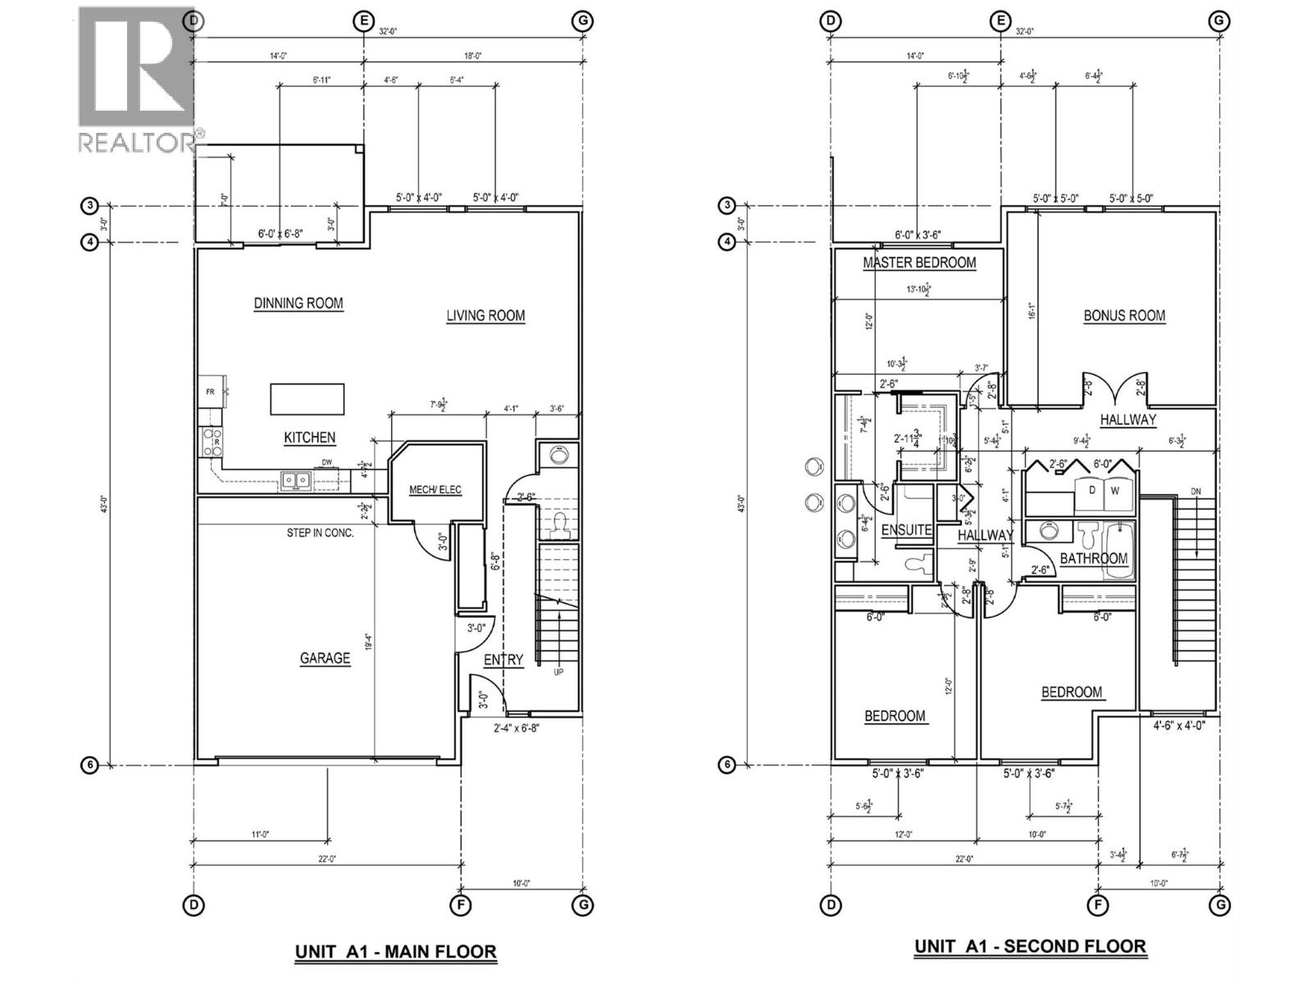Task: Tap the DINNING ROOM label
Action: point(298,303)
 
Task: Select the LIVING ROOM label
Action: point(485,316)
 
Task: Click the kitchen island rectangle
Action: point(307,399)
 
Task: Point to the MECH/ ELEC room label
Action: point(435,490)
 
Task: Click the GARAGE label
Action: point(325,658)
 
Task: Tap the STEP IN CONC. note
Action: point(320,533)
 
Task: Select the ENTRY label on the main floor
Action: point(503,660)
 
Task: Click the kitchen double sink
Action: point(295,480)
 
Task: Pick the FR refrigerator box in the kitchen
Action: point(210,392)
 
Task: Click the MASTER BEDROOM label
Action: point(919,263)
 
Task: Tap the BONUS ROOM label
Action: point(1124,316)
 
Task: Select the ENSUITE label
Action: point(906,531)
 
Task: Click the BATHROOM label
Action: point(1093,558)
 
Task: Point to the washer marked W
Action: point(1115,491)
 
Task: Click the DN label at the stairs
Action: point(1196,492)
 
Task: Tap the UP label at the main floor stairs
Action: point(558,672)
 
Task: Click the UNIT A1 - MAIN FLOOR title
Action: point(395,952)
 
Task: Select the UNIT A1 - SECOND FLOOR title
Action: point(1030,946)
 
